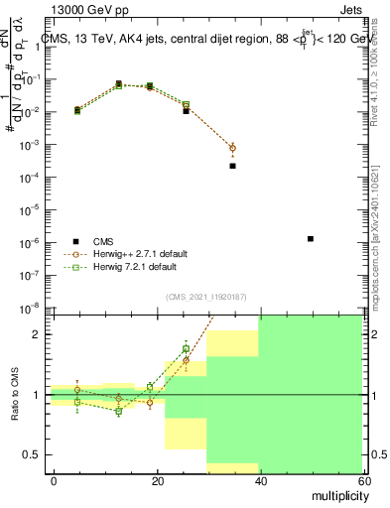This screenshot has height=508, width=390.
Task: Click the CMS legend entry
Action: pyautogui.click(x=104, y=240)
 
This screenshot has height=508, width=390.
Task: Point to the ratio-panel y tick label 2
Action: pyautogui.click(x=35, y=334)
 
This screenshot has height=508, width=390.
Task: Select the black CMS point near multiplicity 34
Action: pyautogui.click(x=232, y=166)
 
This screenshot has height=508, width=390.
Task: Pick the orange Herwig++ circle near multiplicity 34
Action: pyautogui.click(x=232, y=148)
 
